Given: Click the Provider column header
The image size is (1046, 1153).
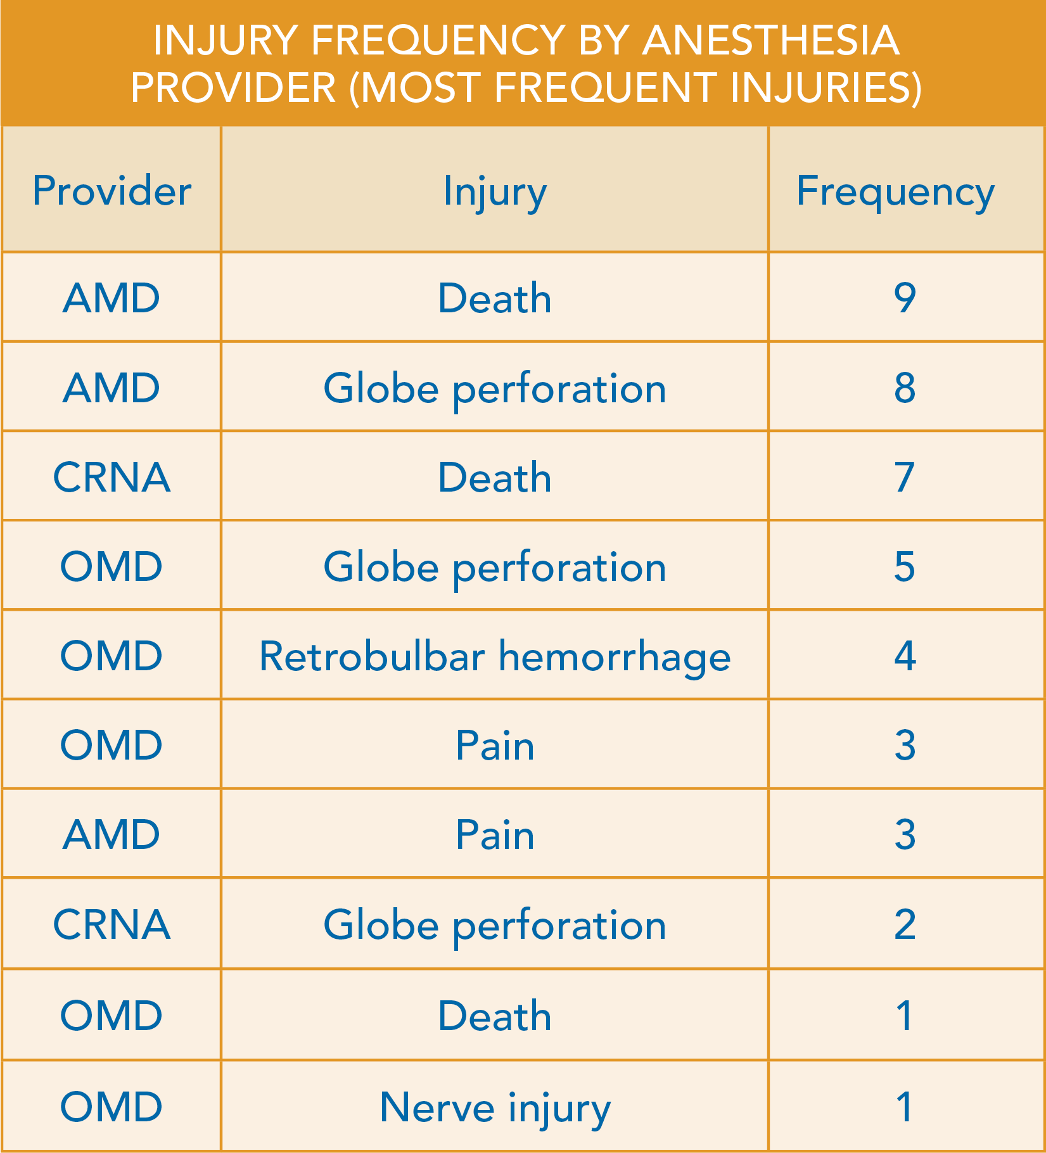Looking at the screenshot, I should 112,191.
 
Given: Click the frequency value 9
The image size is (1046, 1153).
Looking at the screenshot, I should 905,298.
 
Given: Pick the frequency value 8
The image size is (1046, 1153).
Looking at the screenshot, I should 905,388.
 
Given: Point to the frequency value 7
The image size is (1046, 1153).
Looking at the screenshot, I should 905,477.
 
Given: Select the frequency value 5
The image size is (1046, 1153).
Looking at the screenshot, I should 905,566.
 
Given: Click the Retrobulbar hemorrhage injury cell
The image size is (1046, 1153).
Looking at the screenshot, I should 495,656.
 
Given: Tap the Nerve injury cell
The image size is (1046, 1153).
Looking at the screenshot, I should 495,1108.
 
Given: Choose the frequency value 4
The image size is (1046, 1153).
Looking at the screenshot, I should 905,656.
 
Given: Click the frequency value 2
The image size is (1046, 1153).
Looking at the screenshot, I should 905,924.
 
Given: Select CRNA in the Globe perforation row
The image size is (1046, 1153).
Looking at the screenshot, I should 112,924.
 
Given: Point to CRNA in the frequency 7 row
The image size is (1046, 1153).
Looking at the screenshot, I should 112,477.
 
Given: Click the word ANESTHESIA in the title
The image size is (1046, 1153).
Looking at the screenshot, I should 770,40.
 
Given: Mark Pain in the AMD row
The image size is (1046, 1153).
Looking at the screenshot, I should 495,834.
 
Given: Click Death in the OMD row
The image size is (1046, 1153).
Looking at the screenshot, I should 495,1016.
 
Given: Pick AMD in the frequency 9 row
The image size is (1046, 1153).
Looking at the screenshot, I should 112,298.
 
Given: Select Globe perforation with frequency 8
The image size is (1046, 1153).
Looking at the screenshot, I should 495,388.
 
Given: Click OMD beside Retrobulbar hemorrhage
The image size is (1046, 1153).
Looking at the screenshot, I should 112,656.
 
